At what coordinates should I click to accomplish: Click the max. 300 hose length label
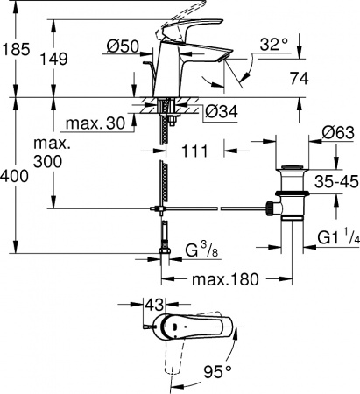49,152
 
